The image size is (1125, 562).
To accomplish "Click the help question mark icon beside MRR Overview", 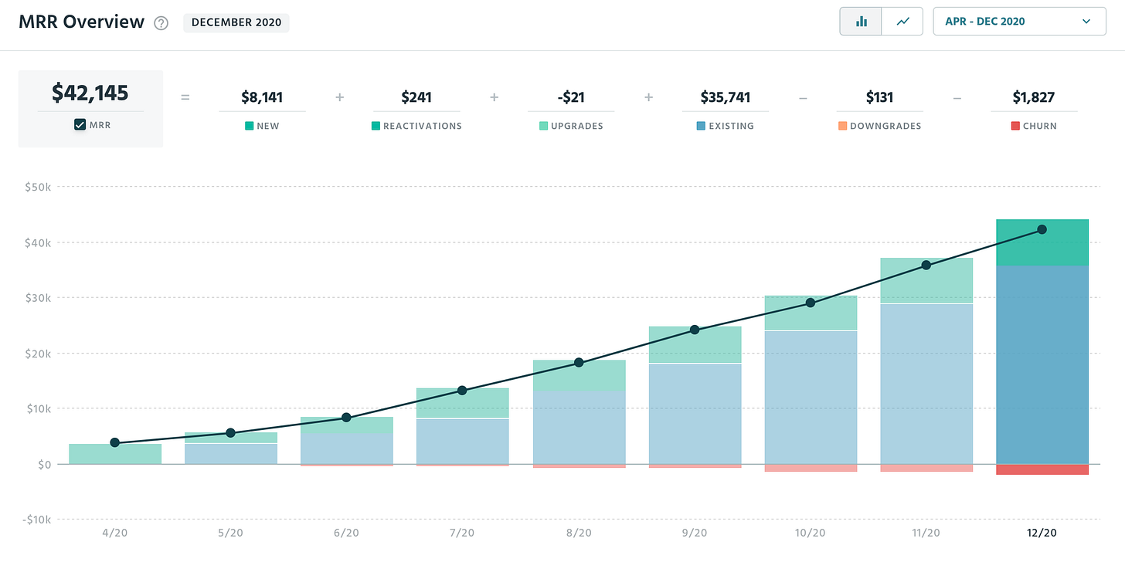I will tap(161, 22).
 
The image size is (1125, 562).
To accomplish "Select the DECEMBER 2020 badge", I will tap(236, 22).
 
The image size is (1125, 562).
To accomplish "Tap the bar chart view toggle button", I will tap(861, 22).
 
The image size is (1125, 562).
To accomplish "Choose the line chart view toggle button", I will tap(902, 22).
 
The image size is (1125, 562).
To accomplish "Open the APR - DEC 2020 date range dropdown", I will tap(1019, 22).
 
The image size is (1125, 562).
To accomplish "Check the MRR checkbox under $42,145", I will tap(80, 124).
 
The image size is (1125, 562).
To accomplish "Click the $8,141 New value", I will tap(261, 97).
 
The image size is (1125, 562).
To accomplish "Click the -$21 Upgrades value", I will tap(571, 97).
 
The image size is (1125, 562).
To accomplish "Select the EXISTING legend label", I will tap(731, 126).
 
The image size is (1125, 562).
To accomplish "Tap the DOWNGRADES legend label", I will tap(885, 126).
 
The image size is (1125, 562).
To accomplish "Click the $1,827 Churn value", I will tap(1034, 97).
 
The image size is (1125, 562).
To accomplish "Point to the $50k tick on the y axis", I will tap(38, 187).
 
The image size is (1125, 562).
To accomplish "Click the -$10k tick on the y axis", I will tap(36, 520).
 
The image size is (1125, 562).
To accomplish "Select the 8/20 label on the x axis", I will tap(578, 533).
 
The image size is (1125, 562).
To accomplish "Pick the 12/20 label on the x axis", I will tap(1042, 533).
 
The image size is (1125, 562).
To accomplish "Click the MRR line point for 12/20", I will tap(1042, 229).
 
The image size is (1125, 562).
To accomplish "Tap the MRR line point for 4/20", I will tap(115, 442).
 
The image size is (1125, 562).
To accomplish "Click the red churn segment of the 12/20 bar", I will tap(1042, 469).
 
